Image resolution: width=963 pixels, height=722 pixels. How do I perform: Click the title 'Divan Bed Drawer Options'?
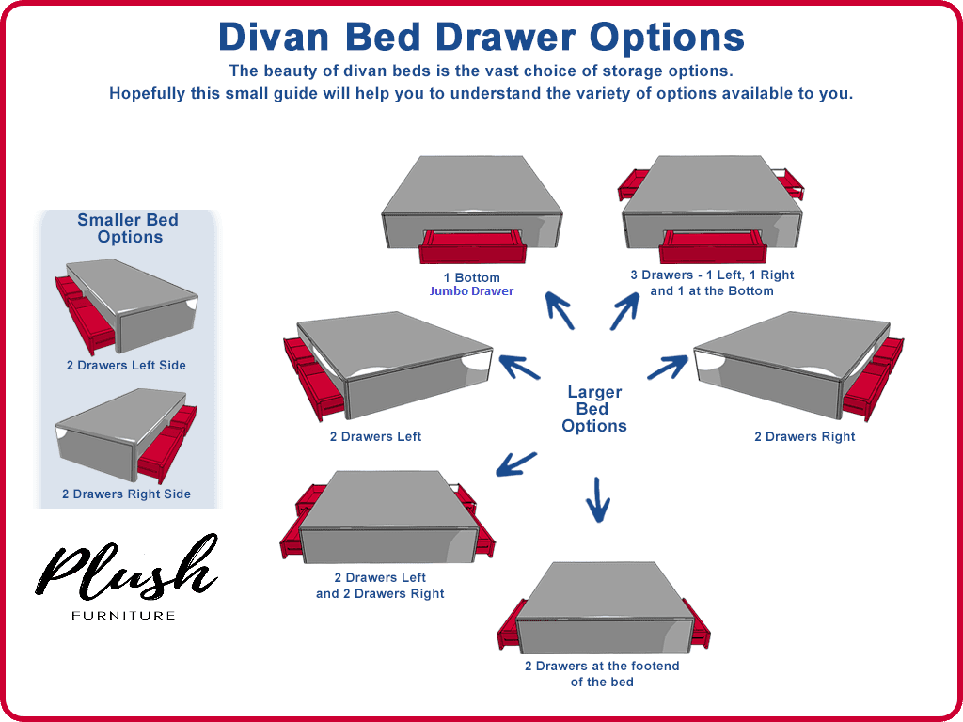click(481, 38)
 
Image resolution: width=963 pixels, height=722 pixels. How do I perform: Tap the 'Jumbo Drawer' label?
click(472, 291)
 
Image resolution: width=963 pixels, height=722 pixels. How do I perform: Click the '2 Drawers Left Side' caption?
click(126, 365)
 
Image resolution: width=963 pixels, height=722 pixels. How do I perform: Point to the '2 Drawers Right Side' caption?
click(126, 494)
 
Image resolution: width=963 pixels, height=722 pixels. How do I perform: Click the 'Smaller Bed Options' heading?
click(129, 228)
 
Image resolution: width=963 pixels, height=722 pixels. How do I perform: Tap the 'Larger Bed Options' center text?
click(594, 409)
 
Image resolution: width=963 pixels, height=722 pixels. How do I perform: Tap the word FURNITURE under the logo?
click(123, 616)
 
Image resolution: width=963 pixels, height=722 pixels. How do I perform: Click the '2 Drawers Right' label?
click(805, 436)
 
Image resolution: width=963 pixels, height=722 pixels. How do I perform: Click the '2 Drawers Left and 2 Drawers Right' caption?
click(380, 586)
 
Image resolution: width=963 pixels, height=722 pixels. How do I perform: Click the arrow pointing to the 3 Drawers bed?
click(625, 309)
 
